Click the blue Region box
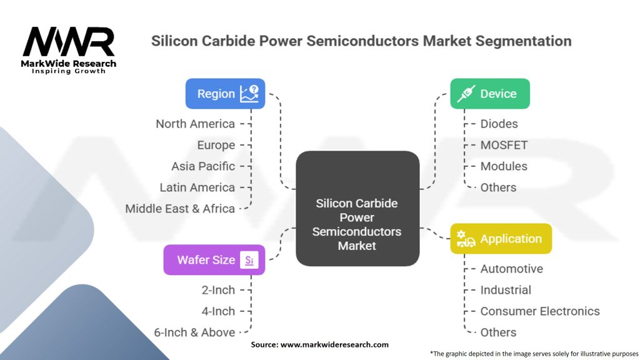225,94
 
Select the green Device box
490,94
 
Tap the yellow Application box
501,238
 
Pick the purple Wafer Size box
214,259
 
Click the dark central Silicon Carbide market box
357,209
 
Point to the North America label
195,124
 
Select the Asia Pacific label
203,166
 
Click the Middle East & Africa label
180,209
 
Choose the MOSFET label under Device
504,145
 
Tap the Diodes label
499,124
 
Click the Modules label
504,166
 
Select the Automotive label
511,269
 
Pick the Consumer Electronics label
540,311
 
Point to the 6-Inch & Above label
194,332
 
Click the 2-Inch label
218,290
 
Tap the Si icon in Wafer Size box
249,260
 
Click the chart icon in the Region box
249,94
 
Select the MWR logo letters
69,41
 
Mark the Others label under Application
498,332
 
